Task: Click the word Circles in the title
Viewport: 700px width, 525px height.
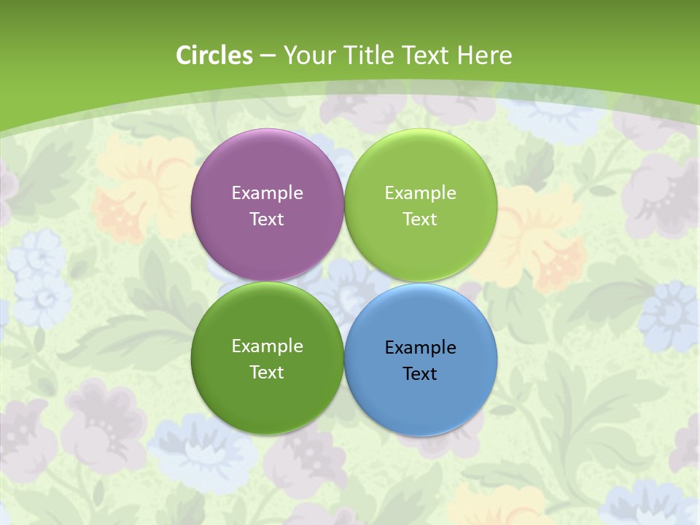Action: pyautogui.click(x=214, y=55)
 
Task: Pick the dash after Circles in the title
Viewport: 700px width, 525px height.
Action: pyautogui.click(x=268, y=56)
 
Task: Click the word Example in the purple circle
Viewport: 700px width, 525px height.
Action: pyautogui.click(x=267, y=192)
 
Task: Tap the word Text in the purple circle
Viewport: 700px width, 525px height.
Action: pyautogui.click(x=267, y=219)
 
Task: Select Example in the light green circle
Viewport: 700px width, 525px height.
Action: pyautogui.click(x=420, y=192)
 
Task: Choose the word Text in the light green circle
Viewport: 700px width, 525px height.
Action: pyautogui.click(x=420, y=219)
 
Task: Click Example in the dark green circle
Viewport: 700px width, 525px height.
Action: pyautogui.click(x=267, y=346)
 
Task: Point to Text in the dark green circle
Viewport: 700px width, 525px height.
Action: pyautogui.click(x=267, y=372)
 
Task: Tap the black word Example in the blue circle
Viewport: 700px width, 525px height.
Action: pyautogui.click(x=420, y=347)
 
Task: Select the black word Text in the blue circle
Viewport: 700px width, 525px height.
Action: pyautogui.click(x=420, y=373)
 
